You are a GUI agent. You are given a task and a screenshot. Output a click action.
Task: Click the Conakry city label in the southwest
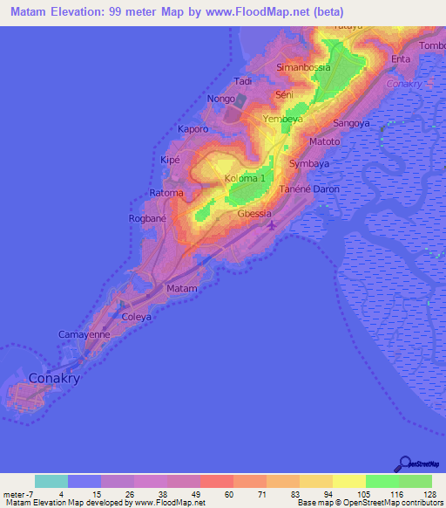tap(55, 379)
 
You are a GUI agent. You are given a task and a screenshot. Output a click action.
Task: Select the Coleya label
tap(136, 317)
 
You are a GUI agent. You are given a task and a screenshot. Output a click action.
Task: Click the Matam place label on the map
tap(182, 288)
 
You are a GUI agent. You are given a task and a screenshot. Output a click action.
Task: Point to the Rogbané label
tap(148, 218)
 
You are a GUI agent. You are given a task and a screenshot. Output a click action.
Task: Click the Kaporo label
tap(193, 129)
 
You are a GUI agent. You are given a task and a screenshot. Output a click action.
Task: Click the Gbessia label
tap(254, 214)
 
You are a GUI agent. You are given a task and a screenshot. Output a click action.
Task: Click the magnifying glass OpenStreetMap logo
tap(404, 463)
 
